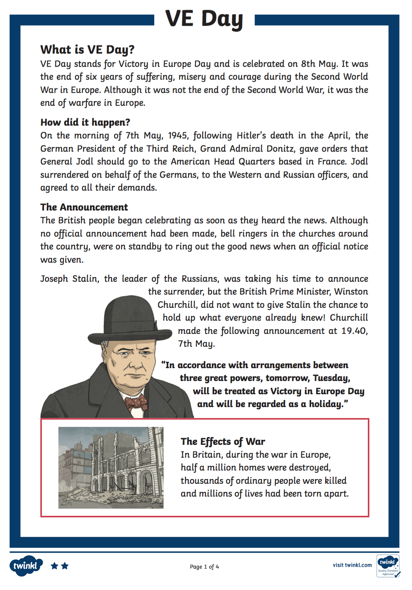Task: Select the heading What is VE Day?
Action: tap(87, 49)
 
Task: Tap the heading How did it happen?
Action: tap(85, 122)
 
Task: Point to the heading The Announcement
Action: tap(84, 207)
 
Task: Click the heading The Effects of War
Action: tap(223, 441)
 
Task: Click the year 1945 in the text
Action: tap(178, 135)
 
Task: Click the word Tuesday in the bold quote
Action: tap(331, 378)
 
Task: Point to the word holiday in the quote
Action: tap(326, 404)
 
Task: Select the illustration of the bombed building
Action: tap(111, 467)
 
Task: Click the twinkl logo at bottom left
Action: tap(26, 565)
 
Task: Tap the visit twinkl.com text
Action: tap(352, 565)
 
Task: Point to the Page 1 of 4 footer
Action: tap(204, 567)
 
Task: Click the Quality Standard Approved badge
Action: tap(388, 566)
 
